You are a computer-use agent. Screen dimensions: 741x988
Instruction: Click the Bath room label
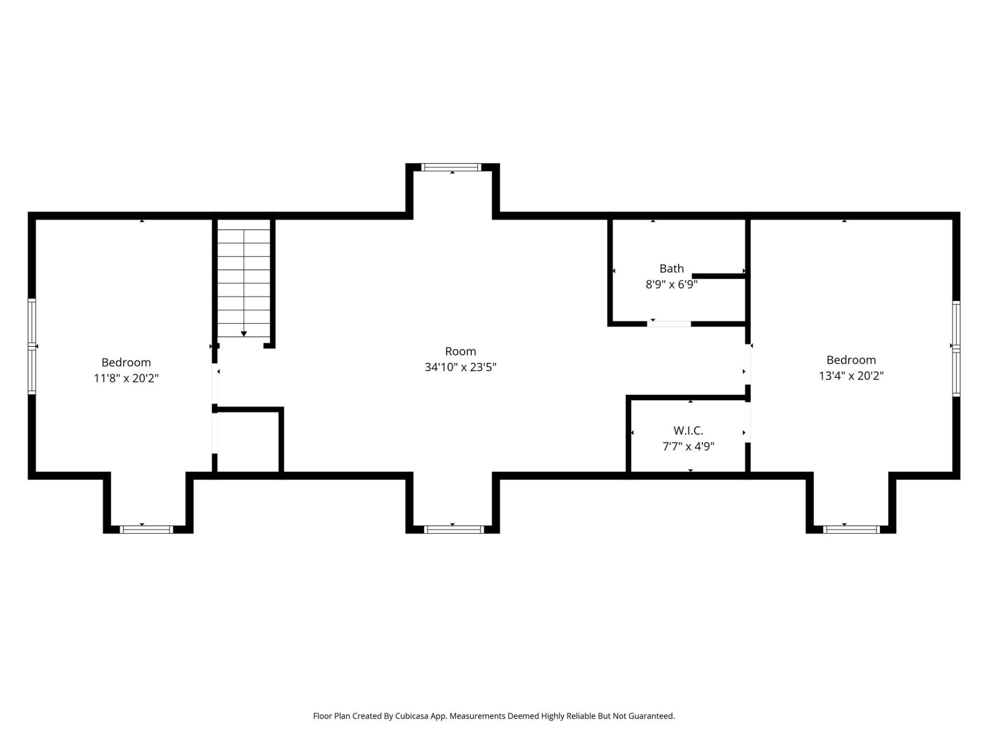pyautogui.click(x=672, y=269)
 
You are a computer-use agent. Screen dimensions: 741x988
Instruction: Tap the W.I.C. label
pyautogui.click(x=688, y=431)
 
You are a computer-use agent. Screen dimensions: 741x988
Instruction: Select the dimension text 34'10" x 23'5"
pyautogui.click(x=460, y=367)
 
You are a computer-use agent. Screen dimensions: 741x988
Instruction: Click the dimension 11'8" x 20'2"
pyautogui.click(x=126, y=379)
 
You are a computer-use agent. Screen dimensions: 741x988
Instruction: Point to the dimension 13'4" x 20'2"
pyautogui.click(x=851, y=376)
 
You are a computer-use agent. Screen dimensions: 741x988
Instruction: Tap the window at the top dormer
pyautogui.click(x=451, y=167)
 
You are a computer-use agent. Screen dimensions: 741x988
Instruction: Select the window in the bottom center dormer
pyautogui.click(x=453, y=529)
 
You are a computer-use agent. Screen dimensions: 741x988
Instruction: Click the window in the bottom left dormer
pyautogui.click(x=146, y=529)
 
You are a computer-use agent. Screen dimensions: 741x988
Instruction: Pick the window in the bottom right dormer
pyautogui.click(x=851, y=529)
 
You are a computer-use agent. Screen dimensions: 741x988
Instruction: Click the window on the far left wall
pyautogui.click(x=32, y=346)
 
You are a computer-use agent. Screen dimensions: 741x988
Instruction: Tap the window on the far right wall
pyautogui.click(x=956, y=348)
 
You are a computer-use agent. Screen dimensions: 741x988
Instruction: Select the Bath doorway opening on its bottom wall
pyautogui.click(x=669, y=324)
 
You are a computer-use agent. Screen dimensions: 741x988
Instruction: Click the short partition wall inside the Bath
pyautogui.click(x=719, y=277)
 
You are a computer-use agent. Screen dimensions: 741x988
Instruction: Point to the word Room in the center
pyautogui.click(x=460, y=351)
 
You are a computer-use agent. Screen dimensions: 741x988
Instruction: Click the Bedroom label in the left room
pyautogui.click(x=126, y=363)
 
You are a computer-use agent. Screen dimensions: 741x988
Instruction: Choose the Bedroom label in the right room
pyautogui.click(x=851, y=360)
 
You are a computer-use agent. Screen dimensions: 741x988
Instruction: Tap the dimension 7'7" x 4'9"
pyautogui.click(x=688, y=447)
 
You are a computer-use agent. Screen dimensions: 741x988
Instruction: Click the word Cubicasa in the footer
pyautogui.click(x=411, y=716)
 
